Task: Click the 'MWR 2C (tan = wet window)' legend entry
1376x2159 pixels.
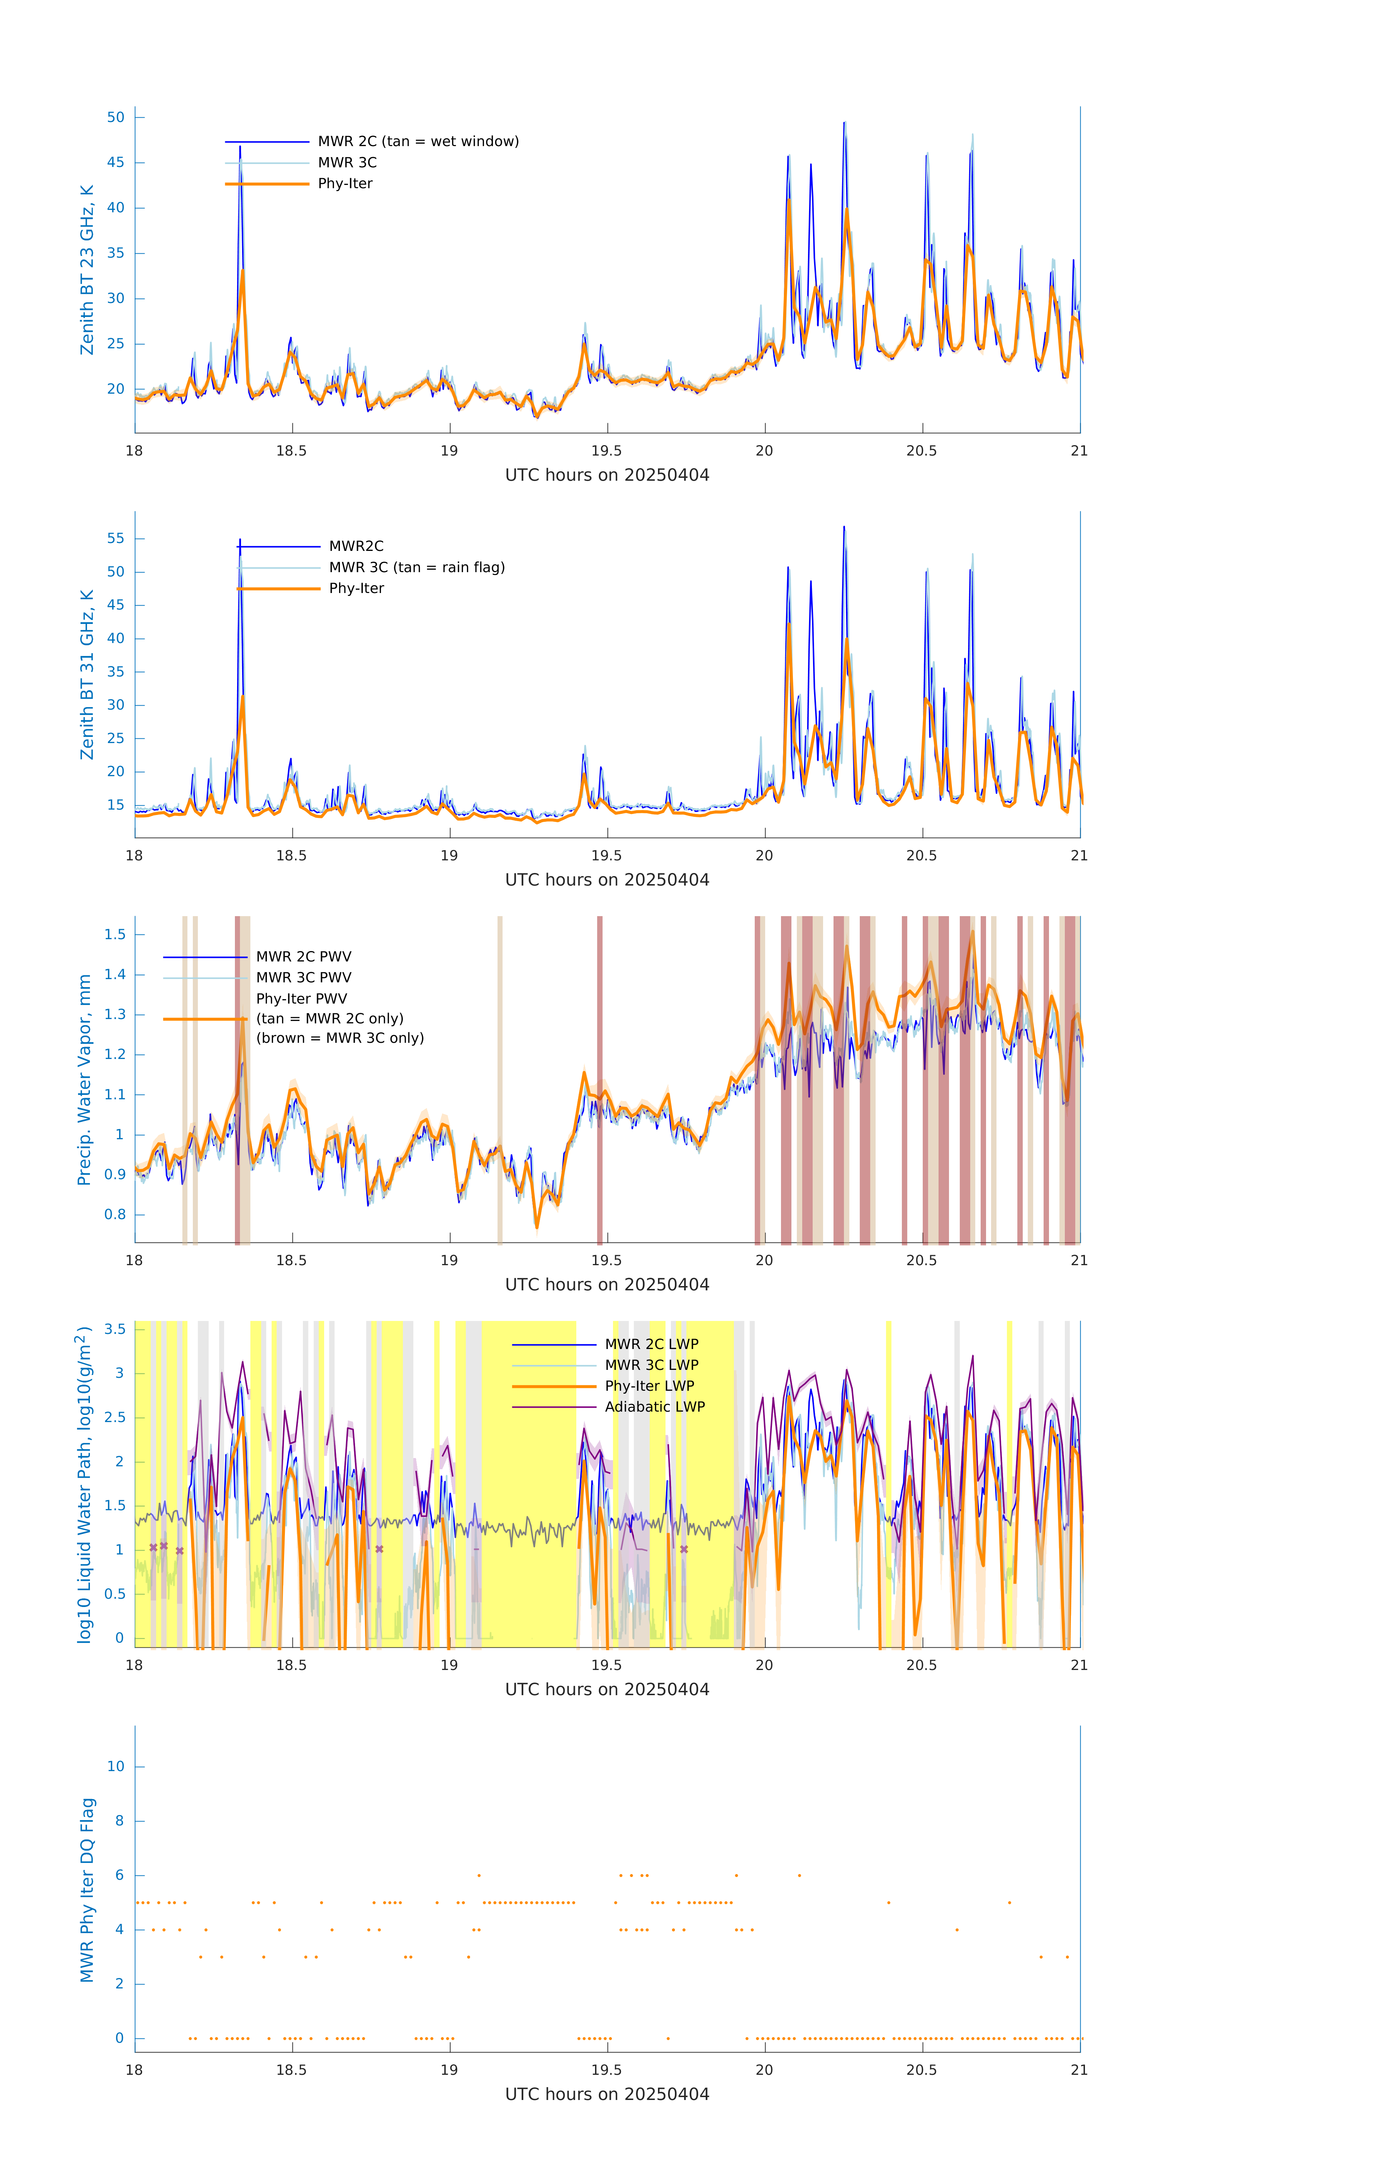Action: (x=418, y=142)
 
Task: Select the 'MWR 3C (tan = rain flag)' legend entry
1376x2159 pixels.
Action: (x=417, y=567)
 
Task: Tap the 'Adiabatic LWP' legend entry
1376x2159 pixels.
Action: (x=654, y=1407)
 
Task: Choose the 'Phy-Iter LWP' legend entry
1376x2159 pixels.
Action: (x=649, y=1386)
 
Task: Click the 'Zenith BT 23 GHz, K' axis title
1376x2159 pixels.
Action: (x=87, y=270)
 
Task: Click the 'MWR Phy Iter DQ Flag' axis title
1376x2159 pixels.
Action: (x=87, y=1890)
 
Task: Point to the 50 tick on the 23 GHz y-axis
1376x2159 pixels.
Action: (x=115, y=117)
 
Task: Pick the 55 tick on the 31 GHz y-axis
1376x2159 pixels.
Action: (x=115, y=539)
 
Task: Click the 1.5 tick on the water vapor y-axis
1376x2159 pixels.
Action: (x=115, y=934)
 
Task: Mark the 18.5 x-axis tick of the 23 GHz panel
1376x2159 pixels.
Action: (x=291, y=451)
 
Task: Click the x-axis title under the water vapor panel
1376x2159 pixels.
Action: (x=607, y=1285)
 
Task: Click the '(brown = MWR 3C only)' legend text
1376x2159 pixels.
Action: (x=340, y=1038)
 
